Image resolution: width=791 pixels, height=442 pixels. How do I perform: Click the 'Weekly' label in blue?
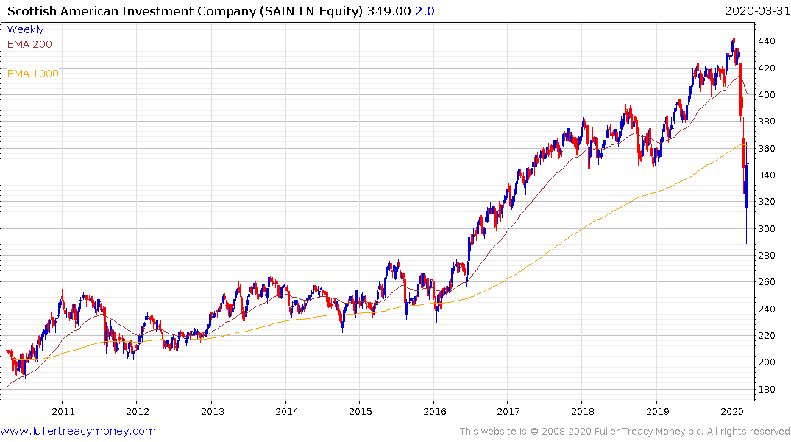click(25, 29)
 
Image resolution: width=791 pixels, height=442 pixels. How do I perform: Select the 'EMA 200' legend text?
click(29, 44)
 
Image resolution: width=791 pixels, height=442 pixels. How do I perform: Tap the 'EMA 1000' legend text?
click(32, 74)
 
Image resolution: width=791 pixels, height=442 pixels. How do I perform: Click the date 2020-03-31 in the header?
click(756, 11)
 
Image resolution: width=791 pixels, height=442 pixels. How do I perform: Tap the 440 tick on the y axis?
click(768, 41)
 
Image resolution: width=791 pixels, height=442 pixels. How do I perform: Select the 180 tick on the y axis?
click(768, 389)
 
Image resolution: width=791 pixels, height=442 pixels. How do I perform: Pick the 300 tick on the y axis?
click(768, 228)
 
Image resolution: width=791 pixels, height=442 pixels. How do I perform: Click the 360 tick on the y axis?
click(768, 148)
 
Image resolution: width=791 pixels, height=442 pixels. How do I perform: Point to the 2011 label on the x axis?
click(63, 411)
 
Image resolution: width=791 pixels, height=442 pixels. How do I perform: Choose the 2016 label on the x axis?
click(435, 411)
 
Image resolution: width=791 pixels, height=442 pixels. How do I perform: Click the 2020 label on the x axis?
click(732, 411)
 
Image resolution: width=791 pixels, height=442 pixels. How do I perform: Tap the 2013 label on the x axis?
click(212, 411)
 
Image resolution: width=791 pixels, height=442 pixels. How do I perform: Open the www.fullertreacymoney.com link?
click(78, 431)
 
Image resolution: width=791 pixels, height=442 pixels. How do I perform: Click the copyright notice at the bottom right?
click(625, 432)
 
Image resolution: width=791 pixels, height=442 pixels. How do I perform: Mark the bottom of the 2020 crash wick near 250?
click(745, 295)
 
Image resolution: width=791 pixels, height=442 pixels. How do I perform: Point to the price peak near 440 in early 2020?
click(733, 39)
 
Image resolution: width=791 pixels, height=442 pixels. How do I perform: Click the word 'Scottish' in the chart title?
click(32, 11)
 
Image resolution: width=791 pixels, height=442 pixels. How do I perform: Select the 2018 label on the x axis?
click(584, 411)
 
